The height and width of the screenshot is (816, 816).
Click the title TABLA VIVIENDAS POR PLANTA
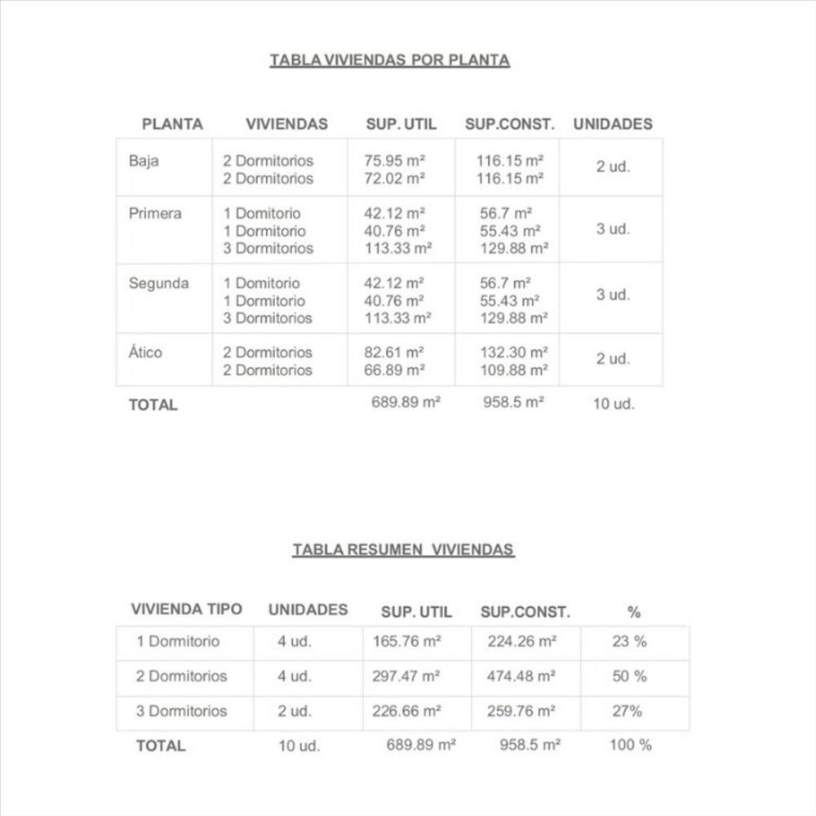pos(389,60)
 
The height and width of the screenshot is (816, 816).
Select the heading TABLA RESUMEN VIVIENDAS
pos(403,550)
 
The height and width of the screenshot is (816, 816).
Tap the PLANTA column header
pos(172,124)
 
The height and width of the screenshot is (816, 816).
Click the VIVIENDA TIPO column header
pos(186,610)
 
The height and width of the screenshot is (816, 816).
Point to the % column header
pos(634,612)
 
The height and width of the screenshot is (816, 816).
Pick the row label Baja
pos(144,161)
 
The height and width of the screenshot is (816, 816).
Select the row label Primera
pos(155,214)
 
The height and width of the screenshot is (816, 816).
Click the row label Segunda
pos(158,284)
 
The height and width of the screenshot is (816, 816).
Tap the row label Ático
pos(145,353)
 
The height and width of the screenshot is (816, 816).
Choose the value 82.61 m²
pos(395,353)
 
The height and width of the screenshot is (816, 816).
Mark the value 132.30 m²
pos(512,353)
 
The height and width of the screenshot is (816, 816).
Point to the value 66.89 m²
pos(395,370)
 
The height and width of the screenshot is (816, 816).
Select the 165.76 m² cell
pos(406,641)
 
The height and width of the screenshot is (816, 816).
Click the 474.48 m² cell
pos(521,676)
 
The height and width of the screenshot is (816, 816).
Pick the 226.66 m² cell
pos(406,712)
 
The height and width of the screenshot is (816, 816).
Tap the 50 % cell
pos(629,676)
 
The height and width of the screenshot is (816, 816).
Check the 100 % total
pos(630,745)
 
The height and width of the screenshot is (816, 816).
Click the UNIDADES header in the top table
pos(613,124)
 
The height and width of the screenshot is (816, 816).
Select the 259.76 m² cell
pos(521,712)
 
